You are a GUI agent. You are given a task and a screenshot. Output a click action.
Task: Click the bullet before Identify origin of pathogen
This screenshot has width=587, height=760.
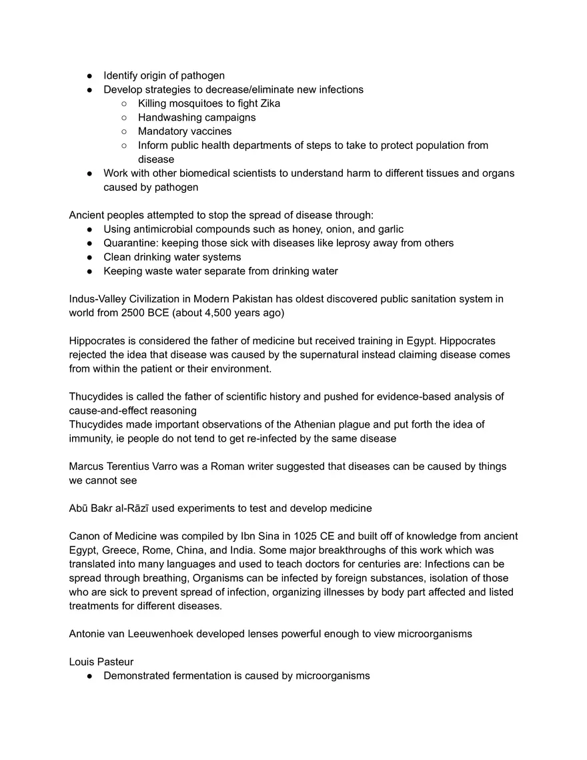89,75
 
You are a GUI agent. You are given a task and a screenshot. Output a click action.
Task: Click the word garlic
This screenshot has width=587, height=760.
390,229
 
